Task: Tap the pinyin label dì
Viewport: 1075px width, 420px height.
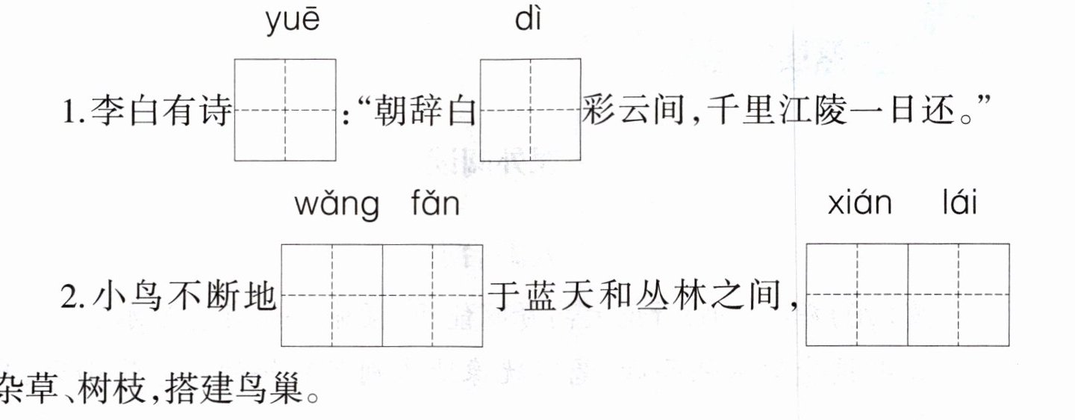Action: pos(528,22)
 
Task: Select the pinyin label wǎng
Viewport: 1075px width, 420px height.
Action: pos(336,203)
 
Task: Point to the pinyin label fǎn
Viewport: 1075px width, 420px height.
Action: pos(435,203)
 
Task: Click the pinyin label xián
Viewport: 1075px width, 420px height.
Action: pos(859,203)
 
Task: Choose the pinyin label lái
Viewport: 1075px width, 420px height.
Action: pos(959,203)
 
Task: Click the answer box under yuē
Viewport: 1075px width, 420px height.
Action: pos(284,110)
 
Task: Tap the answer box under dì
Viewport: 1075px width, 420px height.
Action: pos(530,110)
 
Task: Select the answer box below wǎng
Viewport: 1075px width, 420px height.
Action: pos(331,295)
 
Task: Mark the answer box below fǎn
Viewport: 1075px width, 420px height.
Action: pos(432,295)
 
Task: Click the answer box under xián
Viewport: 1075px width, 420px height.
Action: pos(857,295)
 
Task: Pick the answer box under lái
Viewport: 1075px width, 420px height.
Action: pos(959,295)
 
